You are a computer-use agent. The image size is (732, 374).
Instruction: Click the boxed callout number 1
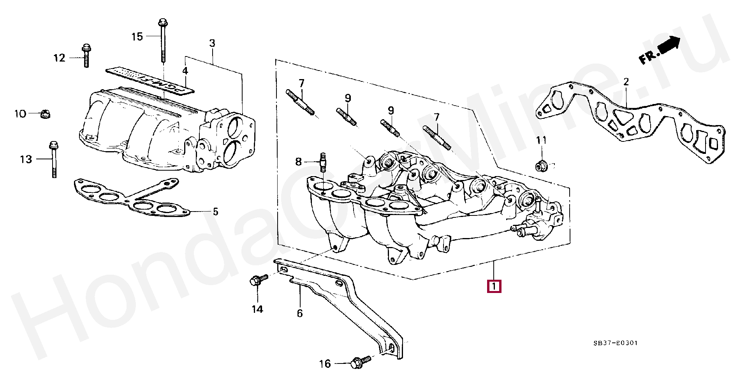coord(493,286)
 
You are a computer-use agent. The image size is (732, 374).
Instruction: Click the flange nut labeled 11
coord(540,166)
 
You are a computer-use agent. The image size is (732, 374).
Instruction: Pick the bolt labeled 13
coord(53,160)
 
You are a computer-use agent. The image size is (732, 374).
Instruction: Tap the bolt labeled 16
coord(357,362)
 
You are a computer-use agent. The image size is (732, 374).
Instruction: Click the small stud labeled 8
coord(322,163)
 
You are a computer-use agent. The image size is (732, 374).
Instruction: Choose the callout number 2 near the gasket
coord(626,82)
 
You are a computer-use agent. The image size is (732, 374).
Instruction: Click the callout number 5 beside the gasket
coord(215,212)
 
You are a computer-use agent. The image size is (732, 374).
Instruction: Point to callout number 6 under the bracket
coord(299,313)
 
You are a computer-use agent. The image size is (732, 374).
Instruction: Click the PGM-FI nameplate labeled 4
coord(150,83)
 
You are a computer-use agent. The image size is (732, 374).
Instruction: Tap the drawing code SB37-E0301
coord(615,343)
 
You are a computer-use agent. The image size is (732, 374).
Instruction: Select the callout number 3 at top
coord(212,43)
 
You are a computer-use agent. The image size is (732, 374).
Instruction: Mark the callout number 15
coord(137,37)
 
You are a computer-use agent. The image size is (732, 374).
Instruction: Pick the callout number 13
coord(26,159)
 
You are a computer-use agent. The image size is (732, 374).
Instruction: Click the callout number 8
coord(298,161)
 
